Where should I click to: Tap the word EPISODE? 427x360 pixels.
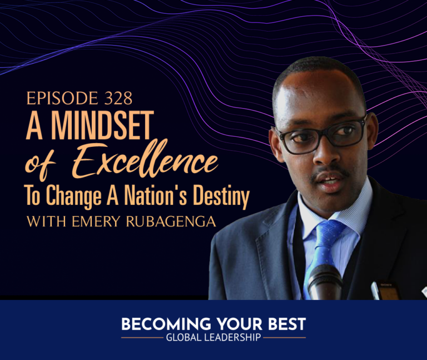click(62, 98)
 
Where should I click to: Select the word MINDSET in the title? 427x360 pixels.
click(103, 125)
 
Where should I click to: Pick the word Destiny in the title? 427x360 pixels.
click(221, 196)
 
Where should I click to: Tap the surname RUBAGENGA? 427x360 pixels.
click(171, 221)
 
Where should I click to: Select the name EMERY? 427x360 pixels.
click(96, 221)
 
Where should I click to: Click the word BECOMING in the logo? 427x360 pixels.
click(166, 324)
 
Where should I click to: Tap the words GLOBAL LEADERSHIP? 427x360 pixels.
click(213, 337)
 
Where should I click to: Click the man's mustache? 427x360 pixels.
click(330, 173)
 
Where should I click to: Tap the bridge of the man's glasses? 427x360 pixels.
click(326, 131)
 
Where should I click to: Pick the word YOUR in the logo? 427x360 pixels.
click(240, 324)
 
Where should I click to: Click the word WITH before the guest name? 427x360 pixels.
click(46, 221)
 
